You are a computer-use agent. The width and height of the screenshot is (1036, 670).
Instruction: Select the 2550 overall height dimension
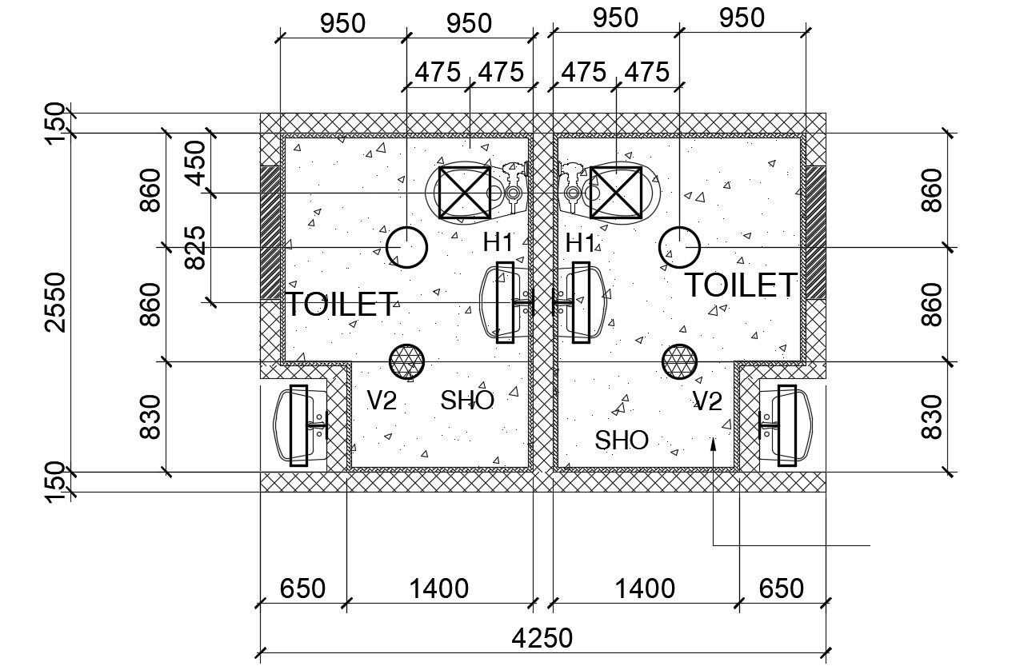[x=55, y=301]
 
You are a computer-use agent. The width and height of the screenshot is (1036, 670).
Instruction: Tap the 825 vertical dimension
[x=194, y=248]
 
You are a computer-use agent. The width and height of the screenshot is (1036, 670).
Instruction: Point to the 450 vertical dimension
[x=194, y=163]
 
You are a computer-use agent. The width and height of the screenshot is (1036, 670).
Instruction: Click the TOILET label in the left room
[x=341, y=305]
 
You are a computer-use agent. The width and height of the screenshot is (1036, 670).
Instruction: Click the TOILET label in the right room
[x=741, y=285]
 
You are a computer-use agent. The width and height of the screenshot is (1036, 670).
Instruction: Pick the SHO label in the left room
[x=467, y=400]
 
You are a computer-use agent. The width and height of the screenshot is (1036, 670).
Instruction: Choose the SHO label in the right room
[x=622, y=439]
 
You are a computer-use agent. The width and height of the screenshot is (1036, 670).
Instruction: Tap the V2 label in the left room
[x=382, y=400]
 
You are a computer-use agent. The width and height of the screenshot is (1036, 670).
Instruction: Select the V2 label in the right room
[x=707, y=401]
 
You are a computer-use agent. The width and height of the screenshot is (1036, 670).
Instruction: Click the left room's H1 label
[x=500, y=241]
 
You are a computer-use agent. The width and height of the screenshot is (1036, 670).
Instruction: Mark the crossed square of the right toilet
[x=616, y=192]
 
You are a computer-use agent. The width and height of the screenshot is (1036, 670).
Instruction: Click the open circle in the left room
[x=406, y=247]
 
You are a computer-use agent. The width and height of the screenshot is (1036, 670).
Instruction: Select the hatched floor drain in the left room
[x=406, y=361]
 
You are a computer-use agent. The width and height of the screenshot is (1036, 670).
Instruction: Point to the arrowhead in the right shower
[x=712, y=444]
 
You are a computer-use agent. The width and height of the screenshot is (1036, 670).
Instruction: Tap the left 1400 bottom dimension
[x=438, y=589]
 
